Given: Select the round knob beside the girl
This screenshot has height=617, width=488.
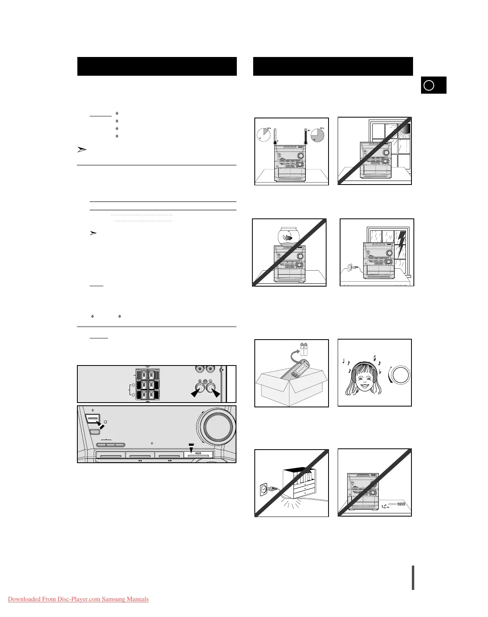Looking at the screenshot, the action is point(399,375).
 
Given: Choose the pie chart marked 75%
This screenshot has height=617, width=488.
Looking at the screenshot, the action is point(317,134).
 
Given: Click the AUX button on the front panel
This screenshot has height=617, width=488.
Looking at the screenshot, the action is point(198,454).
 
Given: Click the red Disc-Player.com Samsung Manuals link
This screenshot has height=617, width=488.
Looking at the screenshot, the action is point(78,599).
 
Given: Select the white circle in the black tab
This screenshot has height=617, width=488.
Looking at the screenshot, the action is point(429,85).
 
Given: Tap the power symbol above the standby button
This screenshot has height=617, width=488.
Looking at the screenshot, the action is point(92,410).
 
